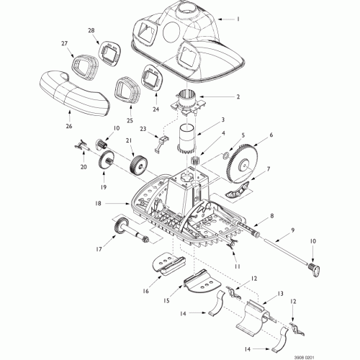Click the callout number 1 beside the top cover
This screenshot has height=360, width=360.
click(238, 19)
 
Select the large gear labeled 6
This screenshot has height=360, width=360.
click(242, 164)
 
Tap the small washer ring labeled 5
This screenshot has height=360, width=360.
click(226, 156)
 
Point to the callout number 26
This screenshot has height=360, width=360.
click(69, 126)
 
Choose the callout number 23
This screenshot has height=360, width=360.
click(143, 129)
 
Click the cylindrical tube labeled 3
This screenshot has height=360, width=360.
click(186, 140)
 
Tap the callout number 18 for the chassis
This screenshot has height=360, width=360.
click(98, 204)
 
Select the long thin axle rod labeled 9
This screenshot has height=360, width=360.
click(286, 251)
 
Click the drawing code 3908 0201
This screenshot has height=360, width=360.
click(305, 357)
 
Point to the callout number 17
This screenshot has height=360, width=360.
click(99, 249)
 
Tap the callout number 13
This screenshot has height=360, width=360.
click(280, 294)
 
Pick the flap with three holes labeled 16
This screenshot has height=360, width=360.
click(169, 263)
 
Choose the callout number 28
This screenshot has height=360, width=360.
click(91, 30)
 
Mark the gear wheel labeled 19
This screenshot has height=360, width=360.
click(105, 161)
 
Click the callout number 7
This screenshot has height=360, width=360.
click(268, 169)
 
